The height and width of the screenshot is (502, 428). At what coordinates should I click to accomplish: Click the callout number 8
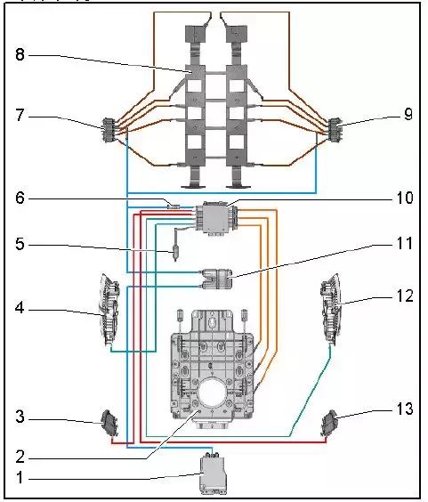pos(20,54)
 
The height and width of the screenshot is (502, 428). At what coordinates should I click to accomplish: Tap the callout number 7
pos(20,115)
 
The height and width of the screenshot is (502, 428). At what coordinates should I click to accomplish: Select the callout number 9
pos(408,114)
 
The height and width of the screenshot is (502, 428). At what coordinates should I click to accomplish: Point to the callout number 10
pos(405,198)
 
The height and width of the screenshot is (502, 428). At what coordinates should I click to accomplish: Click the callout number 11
pos(405,243)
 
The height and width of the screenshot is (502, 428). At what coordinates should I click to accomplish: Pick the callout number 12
pos(405,296)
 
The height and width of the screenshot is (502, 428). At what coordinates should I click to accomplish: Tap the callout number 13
pos(405,409)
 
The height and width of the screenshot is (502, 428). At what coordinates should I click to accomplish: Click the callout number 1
pos(20,477)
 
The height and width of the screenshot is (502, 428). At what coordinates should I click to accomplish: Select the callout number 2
pos(20,457)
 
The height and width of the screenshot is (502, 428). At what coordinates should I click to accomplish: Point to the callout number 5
pos(20,244)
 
